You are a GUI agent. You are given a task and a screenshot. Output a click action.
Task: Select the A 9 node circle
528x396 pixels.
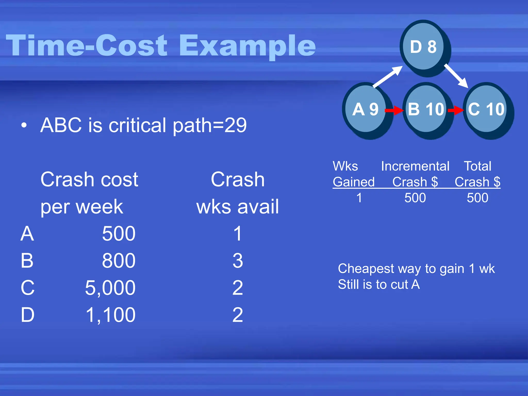tap(366, 109)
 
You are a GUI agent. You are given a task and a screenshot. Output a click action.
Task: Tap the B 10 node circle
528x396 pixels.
tap(426, 109)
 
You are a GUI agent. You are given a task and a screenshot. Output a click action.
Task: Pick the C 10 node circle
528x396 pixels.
tap(486, 109)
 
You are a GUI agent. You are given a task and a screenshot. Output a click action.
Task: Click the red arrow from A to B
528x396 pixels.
tap(394, 110)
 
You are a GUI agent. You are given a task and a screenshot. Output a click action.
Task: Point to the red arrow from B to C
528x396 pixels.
tap(455, 110)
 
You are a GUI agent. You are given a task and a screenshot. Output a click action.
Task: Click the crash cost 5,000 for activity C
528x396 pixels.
tap(110, 288)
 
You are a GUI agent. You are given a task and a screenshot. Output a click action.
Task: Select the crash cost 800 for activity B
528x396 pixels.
tap(119, 261)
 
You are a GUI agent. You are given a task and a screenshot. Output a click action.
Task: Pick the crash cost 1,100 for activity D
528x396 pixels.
tap(110, 315)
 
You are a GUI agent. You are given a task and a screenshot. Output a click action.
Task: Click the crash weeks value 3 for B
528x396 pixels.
tap(237, 261)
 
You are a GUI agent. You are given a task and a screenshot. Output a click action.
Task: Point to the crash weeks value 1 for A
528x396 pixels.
tap(237, 234)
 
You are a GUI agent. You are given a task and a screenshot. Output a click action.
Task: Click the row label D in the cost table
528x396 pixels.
tap(27, 315)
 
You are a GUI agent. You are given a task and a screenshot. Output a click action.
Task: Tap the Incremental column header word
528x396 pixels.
tap(415, 166)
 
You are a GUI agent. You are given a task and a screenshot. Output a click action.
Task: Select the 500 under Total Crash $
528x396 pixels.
tap(477, 198)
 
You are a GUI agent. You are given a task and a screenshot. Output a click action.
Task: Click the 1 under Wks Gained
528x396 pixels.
tap(359, 198)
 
